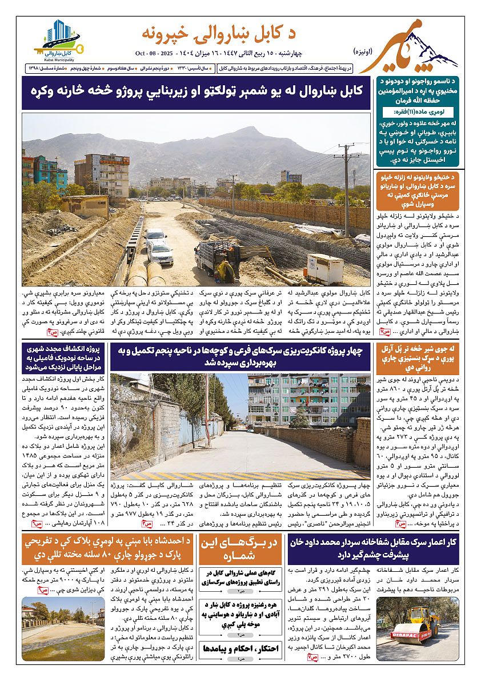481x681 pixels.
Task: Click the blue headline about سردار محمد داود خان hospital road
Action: point(373,549)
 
